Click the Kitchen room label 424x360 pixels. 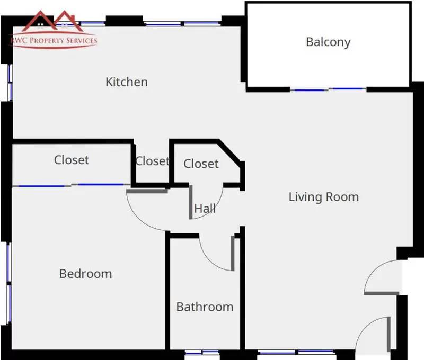point(126,82)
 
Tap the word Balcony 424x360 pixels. point(328,42)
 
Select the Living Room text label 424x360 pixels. point(323,197)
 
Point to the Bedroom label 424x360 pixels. point(85,274)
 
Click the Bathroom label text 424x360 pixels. point(205,307)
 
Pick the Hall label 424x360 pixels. point(205,209)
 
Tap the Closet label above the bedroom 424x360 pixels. point(71,159)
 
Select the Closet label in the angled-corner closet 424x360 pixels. point(201,164)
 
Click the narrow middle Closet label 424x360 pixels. point(152,161)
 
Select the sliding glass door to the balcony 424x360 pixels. point(328,89)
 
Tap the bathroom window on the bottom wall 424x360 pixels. point(202,352)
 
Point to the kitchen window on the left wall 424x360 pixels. point(8,82)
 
